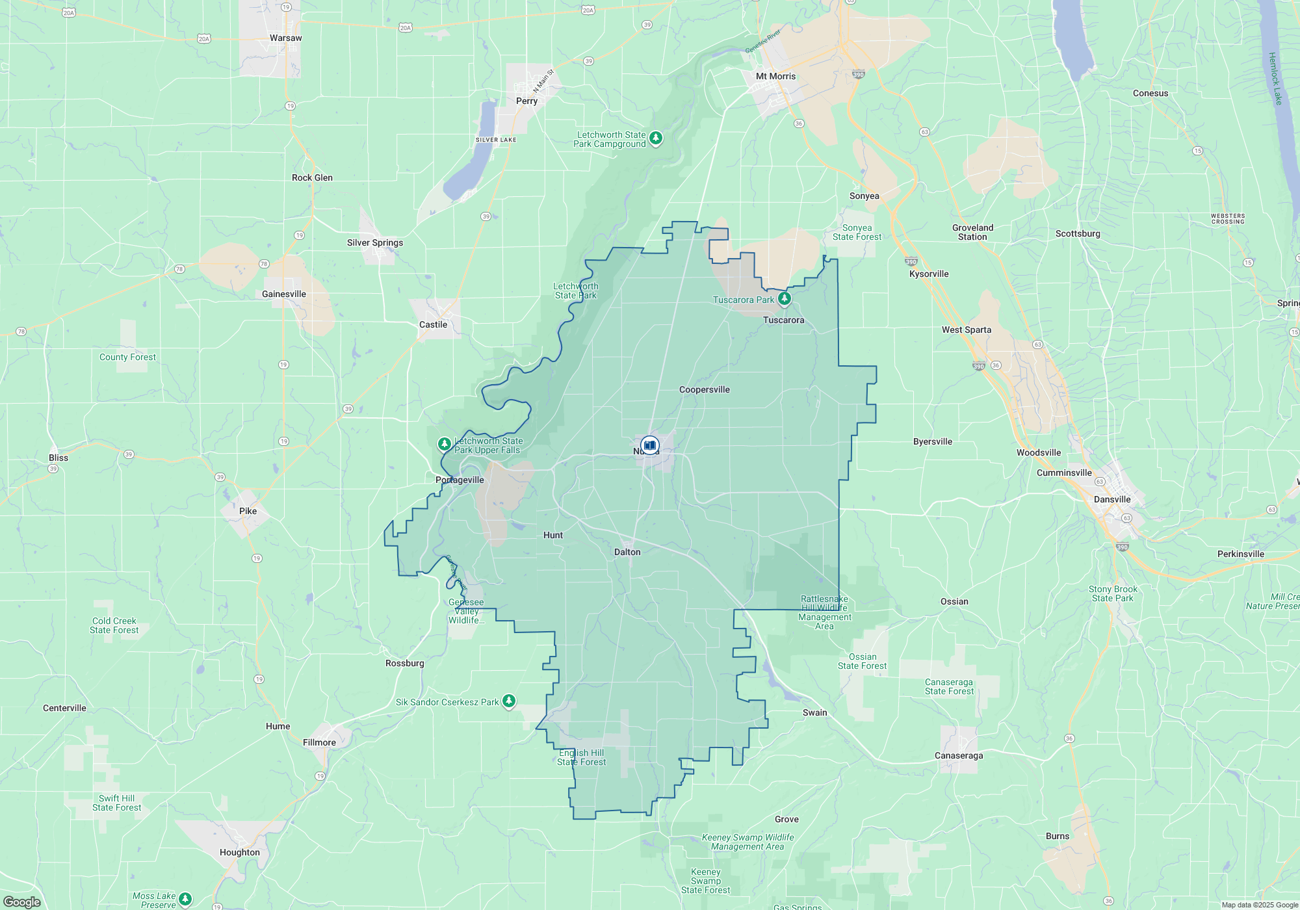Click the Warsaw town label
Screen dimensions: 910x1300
(286, 38)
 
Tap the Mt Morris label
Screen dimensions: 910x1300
(775, 77)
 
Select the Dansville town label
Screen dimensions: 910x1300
(1112, 500)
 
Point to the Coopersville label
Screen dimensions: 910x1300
(705, 390)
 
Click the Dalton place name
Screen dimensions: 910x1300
(627, 552)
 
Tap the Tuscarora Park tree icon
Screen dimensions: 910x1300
(785, 299)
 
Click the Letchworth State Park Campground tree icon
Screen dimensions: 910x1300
(656, 138)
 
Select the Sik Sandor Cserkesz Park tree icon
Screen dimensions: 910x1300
(509, 701)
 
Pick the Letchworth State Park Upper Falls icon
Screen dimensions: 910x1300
(445, 444)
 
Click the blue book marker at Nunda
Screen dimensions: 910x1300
(650, 445)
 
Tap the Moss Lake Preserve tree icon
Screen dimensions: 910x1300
(185, 899)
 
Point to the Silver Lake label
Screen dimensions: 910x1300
(496, 140)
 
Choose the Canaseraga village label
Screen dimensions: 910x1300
(959, 756)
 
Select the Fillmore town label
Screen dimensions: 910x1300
(320, 743)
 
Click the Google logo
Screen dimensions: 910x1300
(22, 902)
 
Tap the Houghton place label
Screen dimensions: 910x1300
(240, 853)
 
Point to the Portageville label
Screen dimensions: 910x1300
(460, 480)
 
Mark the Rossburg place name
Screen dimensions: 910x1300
(405, 664)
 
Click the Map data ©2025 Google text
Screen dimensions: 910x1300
(1260, 905)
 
